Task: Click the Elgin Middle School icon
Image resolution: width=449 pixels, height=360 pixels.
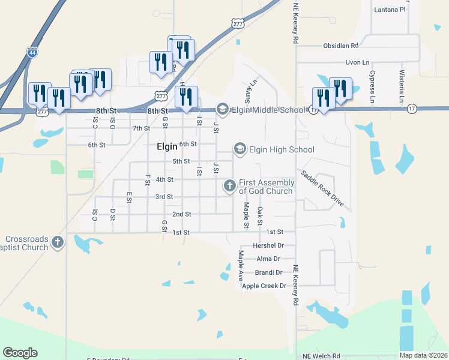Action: point(223,109)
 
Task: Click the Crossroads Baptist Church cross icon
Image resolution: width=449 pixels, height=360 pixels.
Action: point(57,242)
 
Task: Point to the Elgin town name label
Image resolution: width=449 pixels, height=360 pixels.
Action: point(167,146)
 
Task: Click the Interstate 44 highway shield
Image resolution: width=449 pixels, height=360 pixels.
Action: point(31,53)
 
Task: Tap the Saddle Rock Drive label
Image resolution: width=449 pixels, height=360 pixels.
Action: point(322,188)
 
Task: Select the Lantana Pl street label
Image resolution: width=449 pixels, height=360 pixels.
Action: point(390,10)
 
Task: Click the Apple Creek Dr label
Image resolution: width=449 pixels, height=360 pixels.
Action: point(264,286)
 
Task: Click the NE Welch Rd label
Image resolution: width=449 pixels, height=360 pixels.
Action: point(321,356)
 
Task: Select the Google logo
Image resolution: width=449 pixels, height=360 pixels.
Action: point(20,353)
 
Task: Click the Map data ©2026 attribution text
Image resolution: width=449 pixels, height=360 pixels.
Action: point(424,355)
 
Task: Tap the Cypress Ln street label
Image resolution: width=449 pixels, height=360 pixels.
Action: point(373,88)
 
